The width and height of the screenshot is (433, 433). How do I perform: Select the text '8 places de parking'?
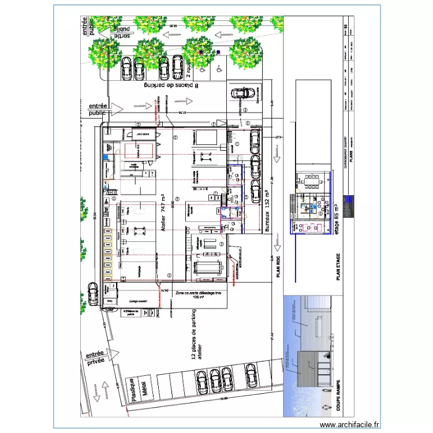[x=167, y=85]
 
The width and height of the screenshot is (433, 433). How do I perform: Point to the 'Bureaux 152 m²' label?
[x=267, y=211]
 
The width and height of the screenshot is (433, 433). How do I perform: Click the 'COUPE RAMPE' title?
[x=333, y=399]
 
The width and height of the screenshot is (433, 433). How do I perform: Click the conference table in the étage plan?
[x=312, y=181]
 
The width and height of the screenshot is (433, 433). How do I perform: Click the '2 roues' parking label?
[x=189, y=68]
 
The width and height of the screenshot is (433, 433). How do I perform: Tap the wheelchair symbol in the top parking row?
[x=219, y=68]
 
